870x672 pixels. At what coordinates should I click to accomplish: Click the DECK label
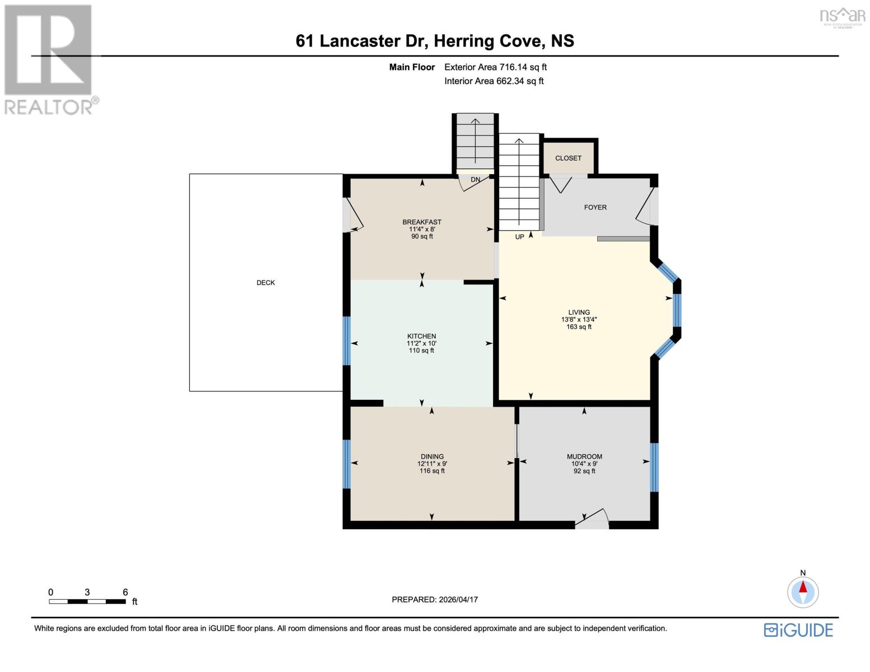coord(266,283)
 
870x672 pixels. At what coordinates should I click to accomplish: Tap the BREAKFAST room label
coord(422,222)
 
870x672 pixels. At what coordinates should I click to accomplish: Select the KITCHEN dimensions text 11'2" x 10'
coord(421,343)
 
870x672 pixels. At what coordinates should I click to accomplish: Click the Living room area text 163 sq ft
coord(579,327)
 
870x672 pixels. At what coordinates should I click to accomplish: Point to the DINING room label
coord(432,456)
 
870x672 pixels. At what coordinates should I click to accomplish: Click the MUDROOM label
coord(584,456)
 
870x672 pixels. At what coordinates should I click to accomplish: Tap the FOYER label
coord(595,207)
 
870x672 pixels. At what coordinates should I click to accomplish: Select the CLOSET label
coord(568,158)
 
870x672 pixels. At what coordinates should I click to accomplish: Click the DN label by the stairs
coord(475,180)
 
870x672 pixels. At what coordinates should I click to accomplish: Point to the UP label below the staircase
coord(519,237)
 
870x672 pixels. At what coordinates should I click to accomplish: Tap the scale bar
coord(87,601)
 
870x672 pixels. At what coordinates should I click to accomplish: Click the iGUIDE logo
coord(798,630)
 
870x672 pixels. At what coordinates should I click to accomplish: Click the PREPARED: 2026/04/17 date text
coord(435,599)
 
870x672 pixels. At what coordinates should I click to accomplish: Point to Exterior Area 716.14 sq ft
coord(495,67)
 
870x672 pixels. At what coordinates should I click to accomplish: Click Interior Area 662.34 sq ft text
coord(494,81)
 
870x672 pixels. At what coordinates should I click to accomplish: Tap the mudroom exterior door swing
coord(593,519)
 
